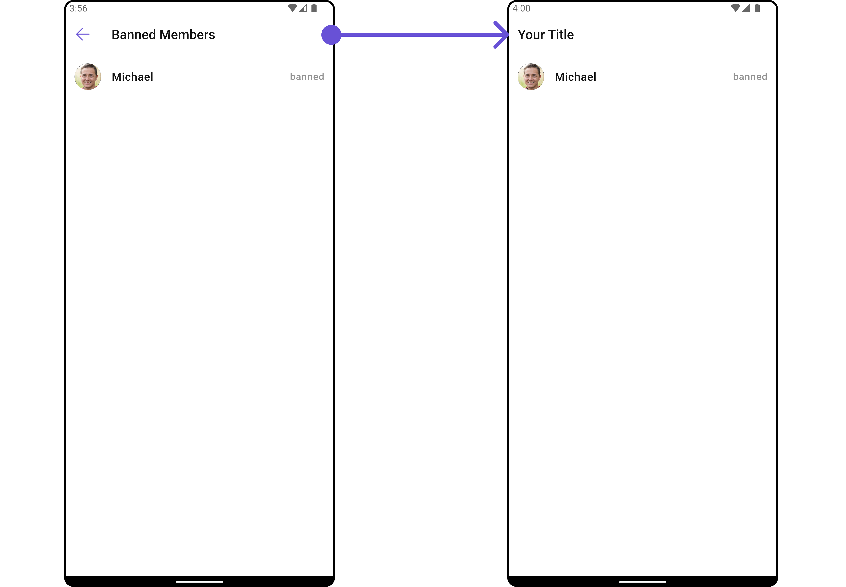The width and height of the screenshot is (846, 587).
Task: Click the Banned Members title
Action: [x=163, y=35]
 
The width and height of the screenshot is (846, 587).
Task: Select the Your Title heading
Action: [x=546, y=35]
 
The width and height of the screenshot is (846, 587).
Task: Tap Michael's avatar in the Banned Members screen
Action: [x=88, y=77]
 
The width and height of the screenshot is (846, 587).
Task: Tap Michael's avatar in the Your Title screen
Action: [x=531, y=77]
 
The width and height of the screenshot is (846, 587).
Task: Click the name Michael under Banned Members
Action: [x=132, y=77]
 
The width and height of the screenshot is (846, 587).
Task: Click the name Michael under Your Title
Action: [x=576, y=77]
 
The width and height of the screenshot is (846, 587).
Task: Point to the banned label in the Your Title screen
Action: [x=750, y=77]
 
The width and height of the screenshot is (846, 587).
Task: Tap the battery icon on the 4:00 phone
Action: [x=757, y=8]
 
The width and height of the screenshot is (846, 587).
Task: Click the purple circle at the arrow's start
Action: [x=331, y=35]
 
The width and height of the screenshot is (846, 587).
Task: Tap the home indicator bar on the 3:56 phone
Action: [x=199, y=582]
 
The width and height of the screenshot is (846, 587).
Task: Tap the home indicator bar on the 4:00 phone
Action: [x=643, y=582]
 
